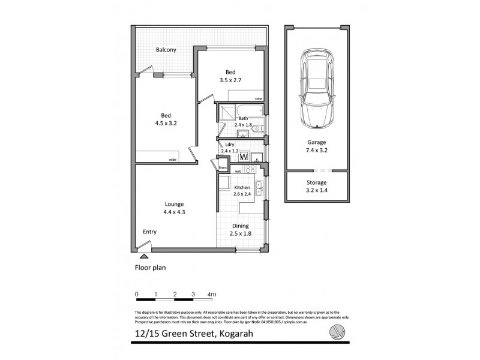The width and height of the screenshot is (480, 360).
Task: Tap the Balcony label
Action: [166, 50]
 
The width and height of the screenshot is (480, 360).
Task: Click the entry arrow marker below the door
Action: [143, 256]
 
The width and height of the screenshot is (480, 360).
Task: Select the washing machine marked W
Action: [244, 157]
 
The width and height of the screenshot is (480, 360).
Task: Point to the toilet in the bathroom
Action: [256, 128]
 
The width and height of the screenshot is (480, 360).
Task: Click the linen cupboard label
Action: [222, 167]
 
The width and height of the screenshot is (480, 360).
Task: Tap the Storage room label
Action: [316, 182]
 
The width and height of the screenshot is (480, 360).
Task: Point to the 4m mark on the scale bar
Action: [211, 294]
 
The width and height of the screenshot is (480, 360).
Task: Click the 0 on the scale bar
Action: [137, 294]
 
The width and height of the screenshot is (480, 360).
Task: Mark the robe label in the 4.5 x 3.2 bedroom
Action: [173, 160]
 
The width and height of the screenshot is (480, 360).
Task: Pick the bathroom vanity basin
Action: [243, 134]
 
